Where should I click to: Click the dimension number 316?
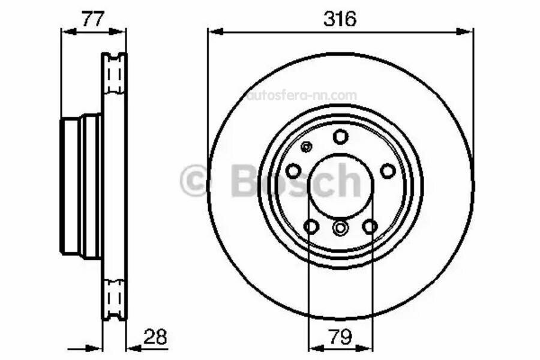point(340,19)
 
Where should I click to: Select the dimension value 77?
point(93,19)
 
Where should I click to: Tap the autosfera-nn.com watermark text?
point(302,95)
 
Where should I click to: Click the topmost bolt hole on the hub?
point(340,137)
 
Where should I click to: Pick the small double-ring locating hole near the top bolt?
point(306,147)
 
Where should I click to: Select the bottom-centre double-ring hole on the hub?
point(340,228)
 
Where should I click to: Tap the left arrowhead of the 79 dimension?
point(312,347)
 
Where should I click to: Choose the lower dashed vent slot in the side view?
point(114,297)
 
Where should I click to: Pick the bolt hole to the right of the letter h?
point(388,171)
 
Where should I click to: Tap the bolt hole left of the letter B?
point(293,171)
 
